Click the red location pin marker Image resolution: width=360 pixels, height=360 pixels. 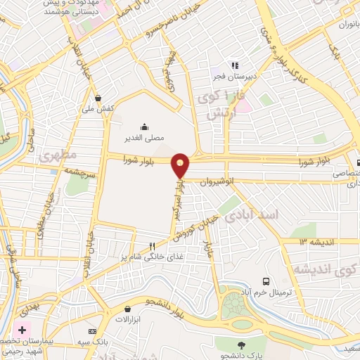pos(181,165)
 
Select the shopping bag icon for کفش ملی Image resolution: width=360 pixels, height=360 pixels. pos(97,98)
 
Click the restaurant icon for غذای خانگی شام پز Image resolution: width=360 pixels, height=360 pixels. pos(152,245)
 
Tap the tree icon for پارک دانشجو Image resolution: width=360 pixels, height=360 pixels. pos(242,345)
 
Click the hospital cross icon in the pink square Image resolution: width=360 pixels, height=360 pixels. pos(21,330)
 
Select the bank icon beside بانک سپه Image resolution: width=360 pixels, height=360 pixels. pos(92,331)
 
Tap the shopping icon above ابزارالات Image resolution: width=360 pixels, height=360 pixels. pos(127,308)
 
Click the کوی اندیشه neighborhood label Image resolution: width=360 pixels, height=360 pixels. pos(320,269)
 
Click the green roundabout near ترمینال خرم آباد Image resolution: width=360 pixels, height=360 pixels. pos(233,307)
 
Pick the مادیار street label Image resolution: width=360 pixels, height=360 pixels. pos(208,251)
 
